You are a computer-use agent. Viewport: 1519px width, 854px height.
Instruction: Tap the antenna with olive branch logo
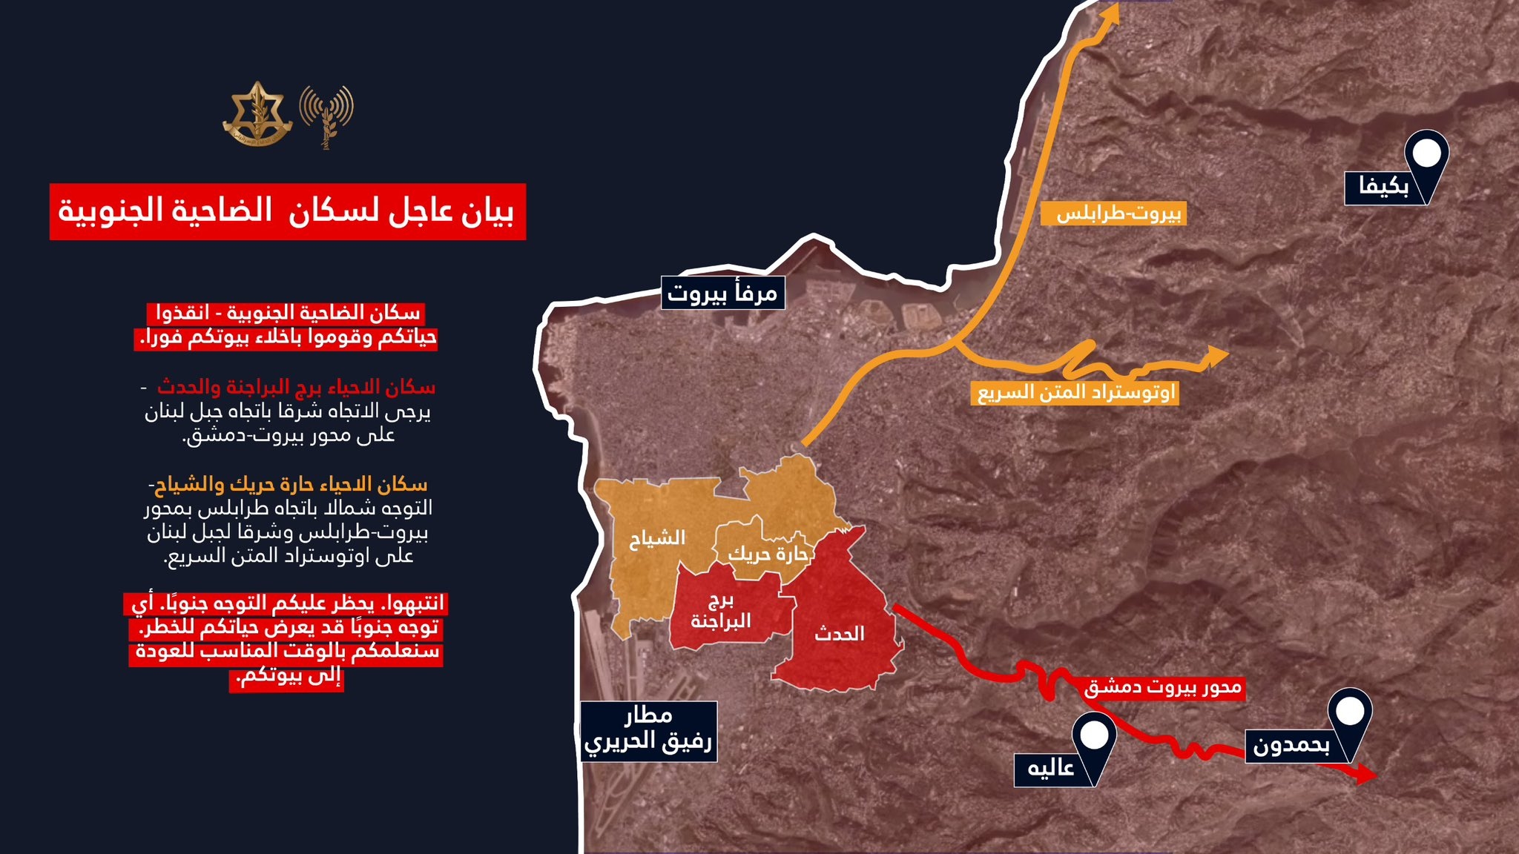[326, 115]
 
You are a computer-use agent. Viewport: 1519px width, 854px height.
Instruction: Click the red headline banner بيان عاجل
[288, 212]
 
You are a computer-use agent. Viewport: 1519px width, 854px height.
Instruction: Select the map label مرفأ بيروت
[722, 294]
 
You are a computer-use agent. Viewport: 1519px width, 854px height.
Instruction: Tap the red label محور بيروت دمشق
[1162, 688]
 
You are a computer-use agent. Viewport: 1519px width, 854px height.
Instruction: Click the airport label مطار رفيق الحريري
[648, 730]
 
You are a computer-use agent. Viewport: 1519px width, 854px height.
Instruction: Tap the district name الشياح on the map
[657, 538]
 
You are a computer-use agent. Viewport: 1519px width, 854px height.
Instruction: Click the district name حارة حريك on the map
[767, 554]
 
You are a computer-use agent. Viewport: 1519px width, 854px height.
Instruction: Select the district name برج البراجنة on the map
[721, 611]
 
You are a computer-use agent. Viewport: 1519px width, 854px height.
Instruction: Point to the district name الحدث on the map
[840, 634]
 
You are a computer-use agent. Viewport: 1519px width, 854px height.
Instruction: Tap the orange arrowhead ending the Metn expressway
[1216, 356]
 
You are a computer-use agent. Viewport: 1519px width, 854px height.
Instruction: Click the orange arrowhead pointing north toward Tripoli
[1110, 18]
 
